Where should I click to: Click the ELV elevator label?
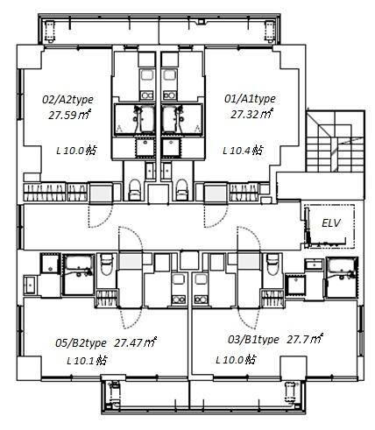(x=331, y=223)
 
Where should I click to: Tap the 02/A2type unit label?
(x=67, y=100)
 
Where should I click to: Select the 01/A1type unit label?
(x=250, y=99)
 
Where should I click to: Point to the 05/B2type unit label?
(x=81, y=343)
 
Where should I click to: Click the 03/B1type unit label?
(x=253, y=340)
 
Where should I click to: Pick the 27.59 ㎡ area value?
(x=70, y=115)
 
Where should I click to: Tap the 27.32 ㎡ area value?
(x=252, y=114)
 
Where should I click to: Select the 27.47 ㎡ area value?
(x=136, y=342)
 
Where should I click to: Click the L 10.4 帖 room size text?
(x=243, y=151)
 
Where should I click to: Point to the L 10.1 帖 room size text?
(x=87, y=361)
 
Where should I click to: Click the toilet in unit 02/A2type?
(x=135, y=189)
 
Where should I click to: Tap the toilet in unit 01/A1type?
(x=181, y=189)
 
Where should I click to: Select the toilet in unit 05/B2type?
(x=106, y=264)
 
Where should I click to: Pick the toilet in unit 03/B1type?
(x=273, y=264)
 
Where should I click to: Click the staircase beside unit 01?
(x=336, y=141)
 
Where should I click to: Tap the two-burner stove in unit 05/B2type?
(x=179, y=300)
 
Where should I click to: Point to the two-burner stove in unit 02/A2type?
(x=146, y=95)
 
